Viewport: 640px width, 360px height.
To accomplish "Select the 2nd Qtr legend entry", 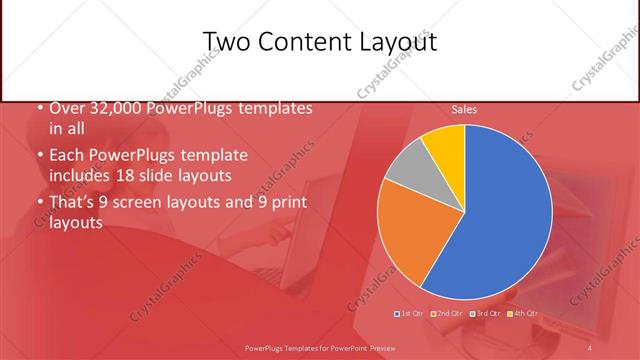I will [x=449, y=315].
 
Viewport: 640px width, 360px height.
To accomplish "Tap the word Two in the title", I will [x=226, y=41].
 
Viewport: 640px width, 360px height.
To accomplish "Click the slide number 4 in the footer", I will [x=590, y=347].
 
